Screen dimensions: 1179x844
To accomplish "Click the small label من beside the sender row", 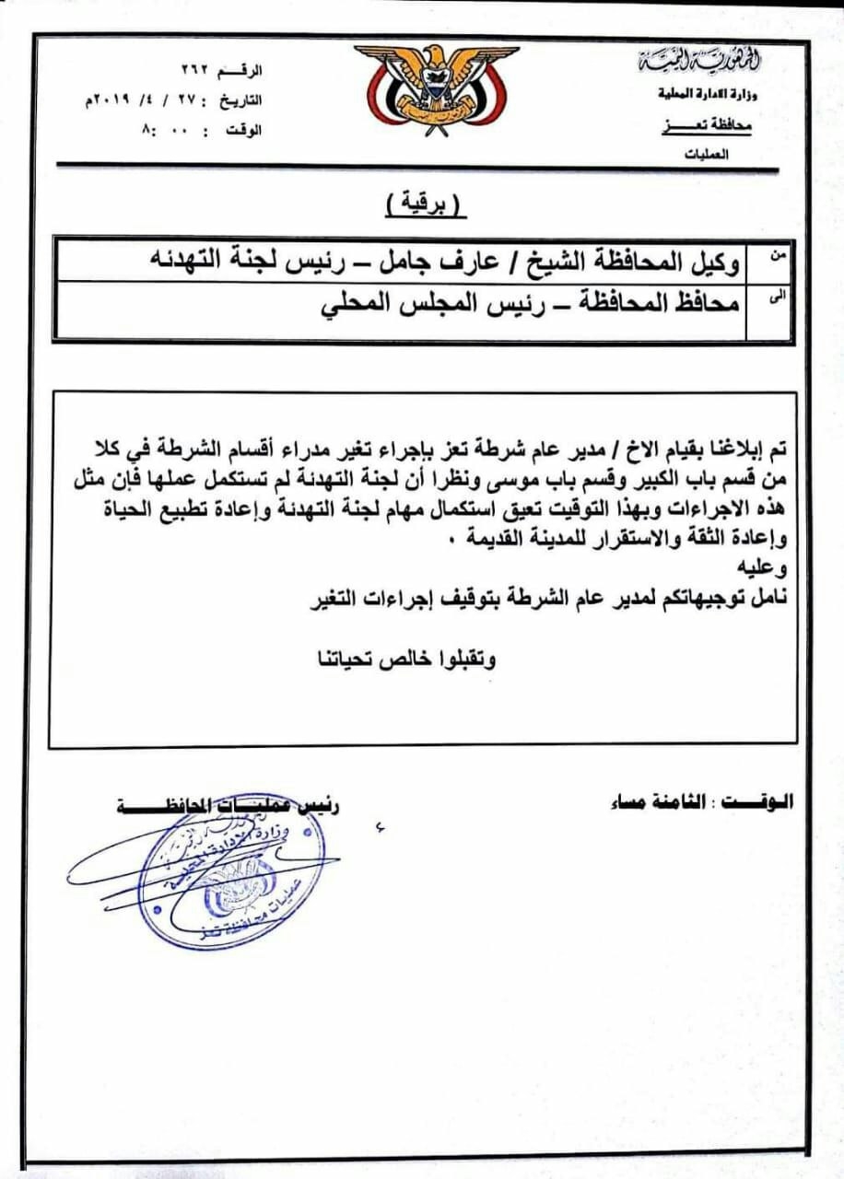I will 778,260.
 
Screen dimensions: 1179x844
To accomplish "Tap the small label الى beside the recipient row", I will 777,298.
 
